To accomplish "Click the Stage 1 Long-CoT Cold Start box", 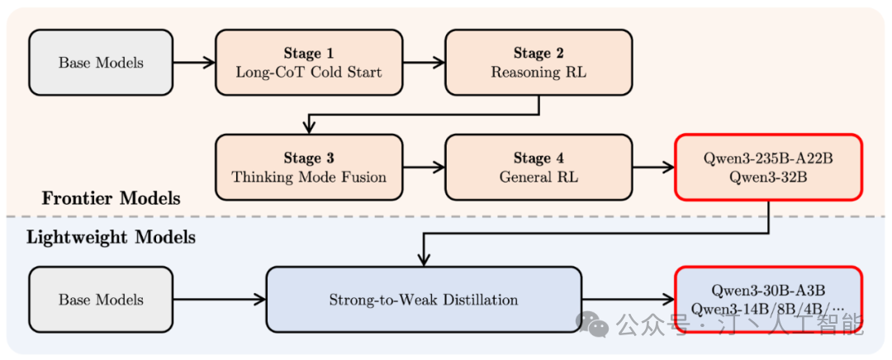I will (309, 63).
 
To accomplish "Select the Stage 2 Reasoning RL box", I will (539, 63).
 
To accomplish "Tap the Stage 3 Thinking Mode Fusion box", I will (309, 168).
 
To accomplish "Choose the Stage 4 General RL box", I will (539, 168).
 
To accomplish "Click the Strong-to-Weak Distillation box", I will (424, 300).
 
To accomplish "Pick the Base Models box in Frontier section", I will (101, 63).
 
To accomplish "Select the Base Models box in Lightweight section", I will (101, 300).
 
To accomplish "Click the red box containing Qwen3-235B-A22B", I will (768, 168).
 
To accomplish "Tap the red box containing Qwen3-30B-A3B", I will (768, 300).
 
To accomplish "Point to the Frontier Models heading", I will (111, 198).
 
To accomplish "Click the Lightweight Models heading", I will (111, 238).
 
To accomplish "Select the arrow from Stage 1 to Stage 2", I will (424, 63).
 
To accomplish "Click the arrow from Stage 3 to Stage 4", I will (424, 168).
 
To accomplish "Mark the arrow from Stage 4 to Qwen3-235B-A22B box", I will (653, 168).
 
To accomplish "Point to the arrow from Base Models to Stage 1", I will (194, 63).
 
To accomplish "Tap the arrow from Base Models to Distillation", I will (220, 300).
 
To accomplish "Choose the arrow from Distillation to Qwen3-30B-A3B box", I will (629, 300).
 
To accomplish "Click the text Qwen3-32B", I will (768, 177).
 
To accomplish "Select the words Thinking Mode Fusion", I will (309, 177).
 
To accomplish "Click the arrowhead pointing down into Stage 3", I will (309, 128).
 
